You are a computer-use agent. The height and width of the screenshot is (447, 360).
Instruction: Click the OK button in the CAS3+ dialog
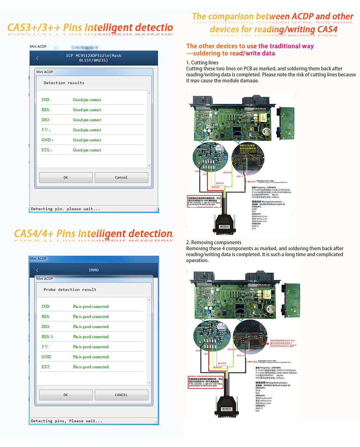tap(66, 178)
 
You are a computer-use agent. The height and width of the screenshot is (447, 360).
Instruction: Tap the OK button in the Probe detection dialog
tap(66, 395)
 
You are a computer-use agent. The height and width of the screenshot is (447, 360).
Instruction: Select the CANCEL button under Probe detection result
tap(121, 395)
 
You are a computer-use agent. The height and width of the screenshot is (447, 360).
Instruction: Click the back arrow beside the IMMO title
tap(37, 270)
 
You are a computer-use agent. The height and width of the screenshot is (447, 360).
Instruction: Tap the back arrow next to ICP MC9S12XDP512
tap(37, 58)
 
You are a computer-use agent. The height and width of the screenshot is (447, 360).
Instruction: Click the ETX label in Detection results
tap(46, 150)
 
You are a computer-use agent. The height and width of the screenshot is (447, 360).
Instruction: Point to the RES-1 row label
tap(48, 337)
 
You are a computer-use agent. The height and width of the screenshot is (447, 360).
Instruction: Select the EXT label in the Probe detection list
tap(46, 367)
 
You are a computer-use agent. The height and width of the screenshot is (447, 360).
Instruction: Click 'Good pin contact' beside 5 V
tap(87, 130)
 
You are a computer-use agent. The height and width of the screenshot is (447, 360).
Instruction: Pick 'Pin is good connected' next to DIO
tap(91, 327)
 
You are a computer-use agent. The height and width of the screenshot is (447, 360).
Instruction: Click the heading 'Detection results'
tap(64, 83)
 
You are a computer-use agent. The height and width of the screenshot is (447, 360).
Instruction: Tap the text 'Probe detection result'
tap(70, 290)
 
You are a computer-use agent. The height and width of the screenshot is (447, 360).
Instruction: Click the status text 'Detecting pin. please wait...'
tap(66, 209)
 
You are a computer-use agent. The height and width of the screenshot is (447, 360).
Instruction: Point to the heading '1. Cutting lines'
tap(202, 63)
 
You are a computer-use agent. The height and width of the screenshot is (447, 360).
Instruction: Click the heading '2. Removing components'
tap(214, 242)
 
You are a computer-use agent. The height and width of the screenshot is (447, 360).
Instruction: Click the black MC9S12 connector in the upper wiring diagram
tap(225, 223)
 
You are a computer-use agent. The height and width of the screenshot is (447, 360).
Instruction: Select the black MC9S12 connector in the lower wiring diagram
tap(227, 406)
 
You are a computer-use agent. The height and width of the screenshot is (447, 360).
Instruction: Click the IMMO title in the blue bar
tap(94, 270)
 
